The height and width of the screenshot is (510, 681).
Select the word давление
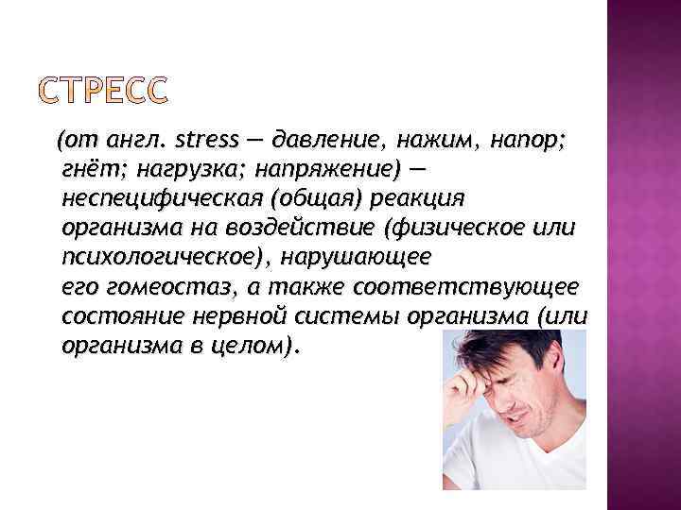click(x=325, y=142)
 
